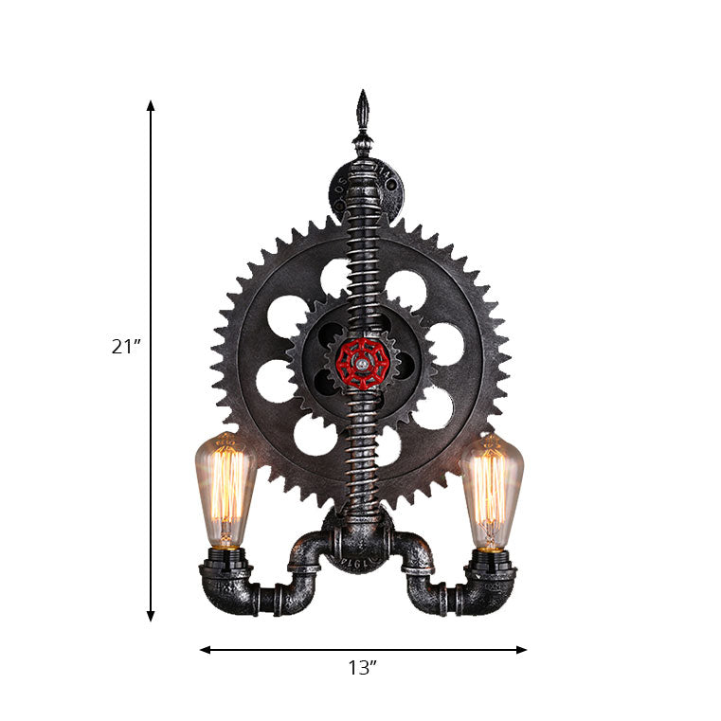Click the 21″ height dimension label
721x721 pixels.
point(125,347)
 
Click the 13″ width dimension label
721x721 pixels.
point(361,668)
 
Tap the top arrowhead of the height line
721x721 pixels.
point(151,105)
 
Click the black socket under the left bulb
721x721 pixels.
point(225,559)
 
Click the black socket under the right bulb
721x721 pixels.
point(490,559)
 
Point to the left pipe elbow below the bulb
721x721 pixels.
point(227,592)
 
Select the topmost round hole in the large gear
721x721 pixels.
point(334,277)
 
